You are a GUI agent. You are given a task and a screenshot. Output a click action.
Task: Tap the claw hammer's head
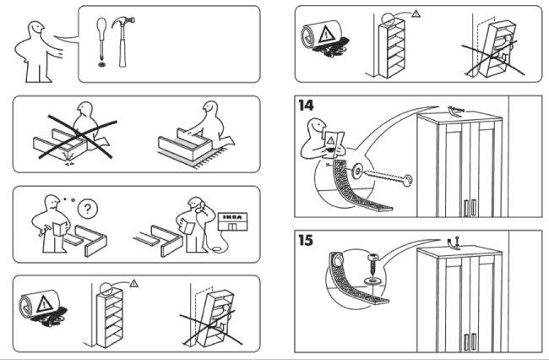click(x=124, y=24)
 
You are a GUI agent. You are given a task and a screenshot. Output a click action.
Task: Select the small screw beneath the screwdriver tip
click(x=101, y=62)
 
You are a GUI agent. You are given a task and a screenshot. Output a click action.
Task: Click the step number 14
click(x=307, y=106)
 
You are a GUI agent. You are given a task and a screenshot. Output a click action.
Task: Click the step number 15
click(x=307, y=240)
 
